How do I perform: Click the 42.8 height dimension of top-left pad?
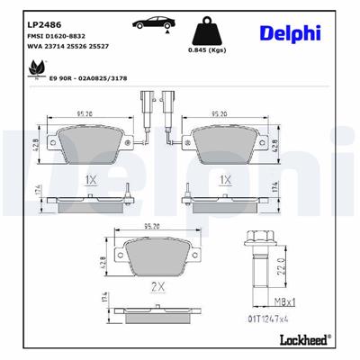pyautogui.click(x=35, y=144)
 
